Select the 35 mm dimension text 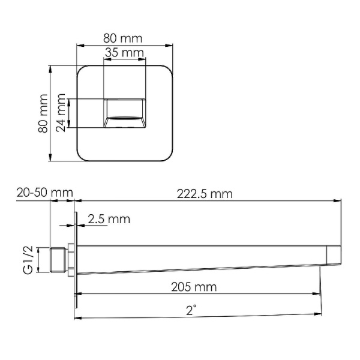pyautogui.click(x=125, y=53)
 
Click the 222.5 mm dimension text pyautogui.click(x=205, y=194)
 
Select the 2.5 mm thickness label pyautogui.click(x=109, y=219)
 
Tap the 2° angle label pyautogui.click(x=191, y=311)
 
